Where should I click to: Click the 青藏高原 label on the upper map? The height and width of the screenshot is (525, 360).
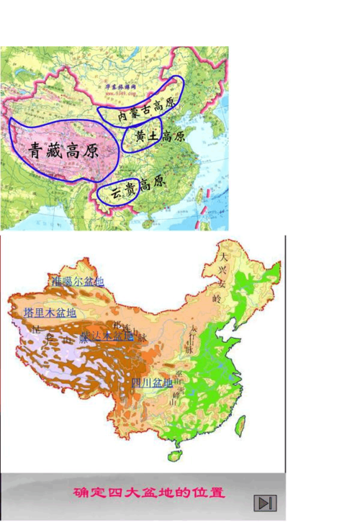[63, 151]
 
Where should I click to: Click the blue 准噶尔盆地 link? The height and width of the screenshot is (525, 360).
[77, 281]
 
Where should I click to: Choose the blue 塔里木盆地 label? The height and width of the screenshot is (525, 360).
[50, 313]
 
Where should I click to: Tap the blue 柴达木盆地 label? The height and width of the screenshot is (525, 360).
[106, 336]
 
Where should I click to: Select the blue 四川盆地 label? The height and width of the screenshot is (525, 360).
[152, 382]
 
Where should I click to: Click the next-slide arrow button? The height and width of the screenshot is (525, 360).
[266, 503]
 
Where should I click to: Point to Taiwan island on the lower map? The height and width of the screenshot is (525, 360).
[240, 425]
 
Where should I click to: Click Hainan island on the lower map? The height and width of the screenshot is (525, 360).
[174, 456]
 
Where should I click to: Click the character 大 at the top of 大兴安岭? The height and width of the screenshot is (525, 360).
[225, 256]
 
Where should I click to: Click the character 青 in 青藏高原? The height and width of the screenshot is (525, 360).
[37, 151]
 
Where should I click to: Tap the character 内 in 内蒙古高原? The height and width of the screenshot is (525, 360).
[122, 115]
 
